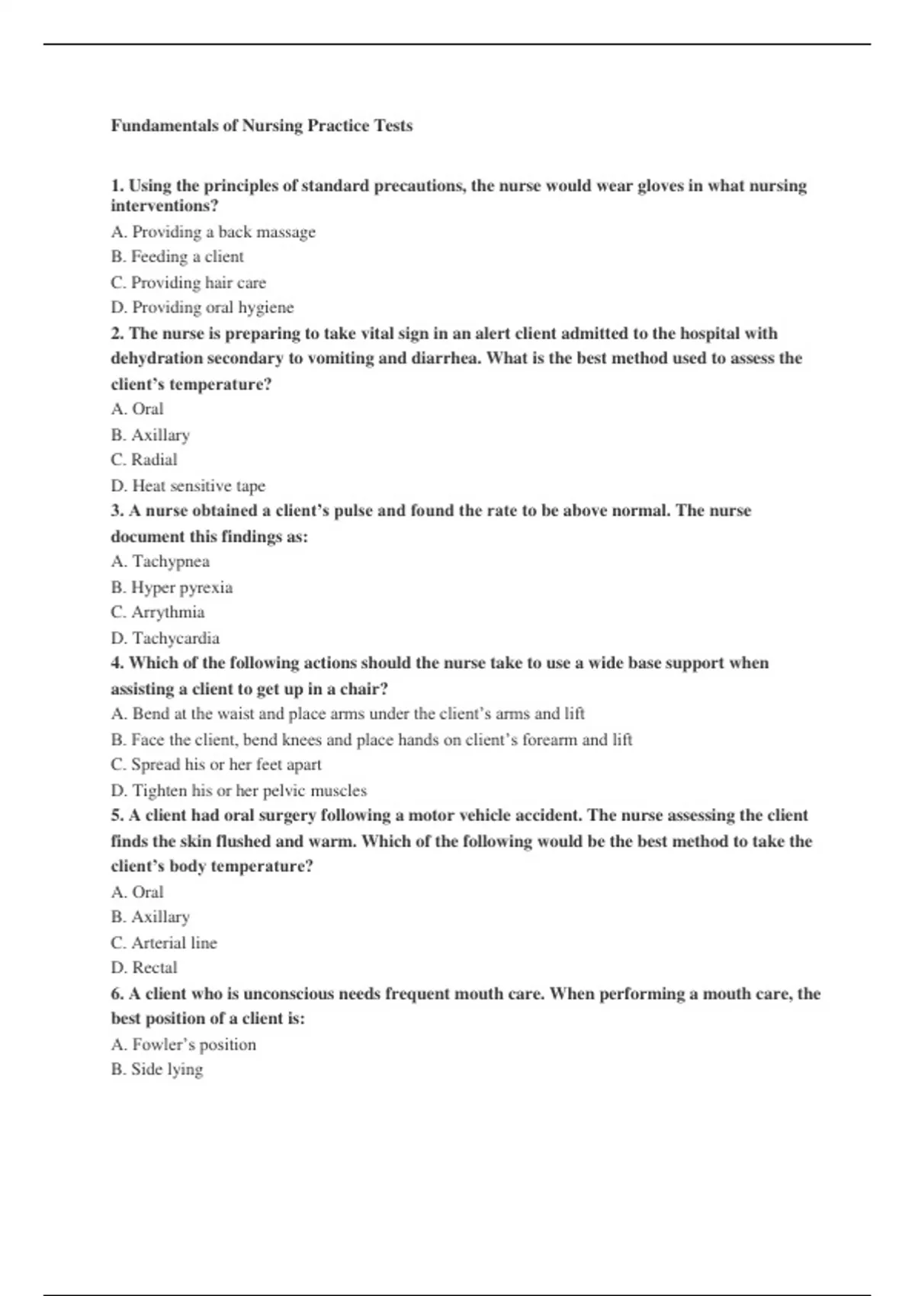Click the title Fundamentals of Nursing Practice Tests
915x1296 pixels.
point(262,126)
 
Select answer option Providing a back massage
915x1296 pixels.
point(213,232)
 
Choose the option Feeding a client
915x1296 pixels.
point(177,257)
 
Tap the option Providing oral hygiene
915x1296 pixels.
point(202,307)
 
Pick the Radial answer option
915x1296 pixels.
point(144,460)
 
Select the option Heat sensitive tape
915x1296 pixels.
point(188,486)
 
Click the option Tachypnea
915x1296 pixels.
point(160,562)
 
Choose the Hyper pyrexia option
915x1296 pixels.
point(172,587)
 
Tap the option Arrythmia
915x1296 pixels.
point(158,612)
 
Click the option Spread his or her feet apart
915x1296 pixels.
point(216,765)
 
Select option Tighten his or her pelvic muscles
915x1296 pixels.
point(239,791)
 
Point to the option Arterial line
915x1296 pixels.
point(164,943)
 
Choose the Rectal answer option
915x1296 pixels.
point(144,968)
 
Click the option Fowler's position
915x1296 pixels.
point(183,1044)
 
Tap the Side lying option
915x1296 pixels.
point(157,1070)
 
